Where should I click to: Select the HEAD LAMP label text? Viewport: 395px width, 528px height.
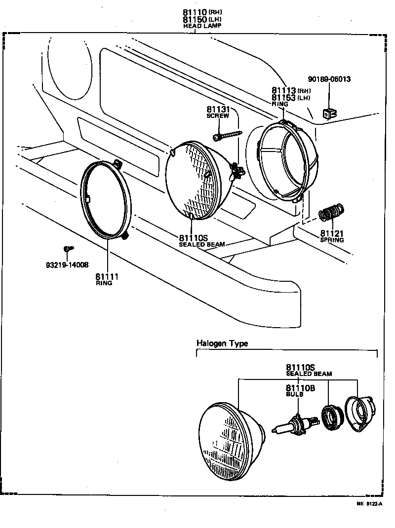(x=202, y=26)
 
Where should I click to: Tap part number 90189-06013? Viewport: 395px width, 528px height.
(x=329, y=79)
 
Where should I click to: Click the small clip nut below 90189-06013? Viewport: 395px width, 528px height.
(x=328, y=114)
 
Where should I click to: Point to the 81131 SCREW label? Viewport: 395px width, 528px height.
(x=218, y=112)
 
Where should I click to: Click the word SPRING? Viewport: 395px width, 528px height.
(x=331, y=240)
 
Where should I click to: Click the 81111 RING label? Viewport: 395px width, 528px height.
(x=107, y=279)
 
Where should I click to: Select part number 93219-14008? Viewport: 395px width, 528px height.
(x=67, y=265)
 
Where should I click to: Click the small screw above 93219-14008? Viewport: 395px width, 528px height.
(x=68, y=250)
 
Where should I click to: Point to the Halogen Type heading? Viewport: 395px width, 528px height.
(x=222, y=343)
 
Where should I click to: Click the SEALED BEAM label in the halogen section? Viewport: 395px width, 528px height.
(x=309, y=374)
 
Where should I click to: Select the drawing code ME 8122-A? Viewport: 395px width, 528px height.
(x=369, y=504)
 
